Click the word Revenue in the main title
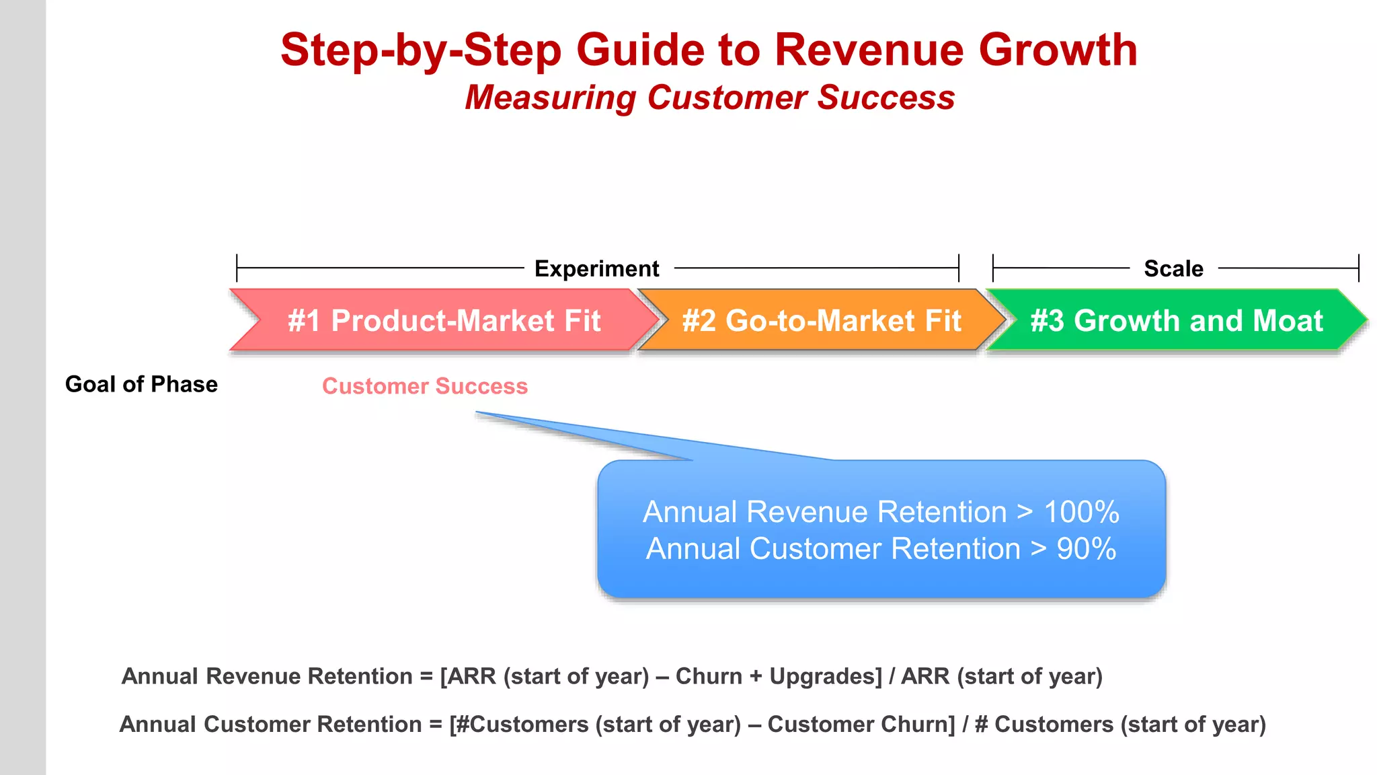tap(869, 50)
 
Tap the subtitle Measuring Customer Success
tap(709, 98)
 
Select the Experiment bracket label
tap(596, 268)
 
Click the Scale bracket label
tap(1173, 268)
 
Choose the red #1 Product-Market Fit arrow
tap(444, 320)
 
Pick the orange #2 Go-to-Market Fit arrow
tap(821, 320)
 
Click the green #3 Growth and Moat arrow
tap(1176, 320)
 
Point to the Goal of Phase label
tap(141, 384)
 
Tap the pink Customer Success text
tap(425, 386)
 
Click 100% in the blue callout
tap(1081, 512)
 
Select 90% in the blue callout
tap(1086, 549)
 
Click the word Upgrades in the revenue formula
tap(825, 676)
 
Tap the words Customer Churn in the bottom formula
tap(861, 725)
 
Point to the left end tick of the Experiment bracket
tap(237, 268)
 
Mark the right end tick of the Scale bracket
tap(1358, 268)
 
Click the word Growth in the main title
tap(1058, 50)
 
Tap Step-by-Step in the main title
tap(420, 50)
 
